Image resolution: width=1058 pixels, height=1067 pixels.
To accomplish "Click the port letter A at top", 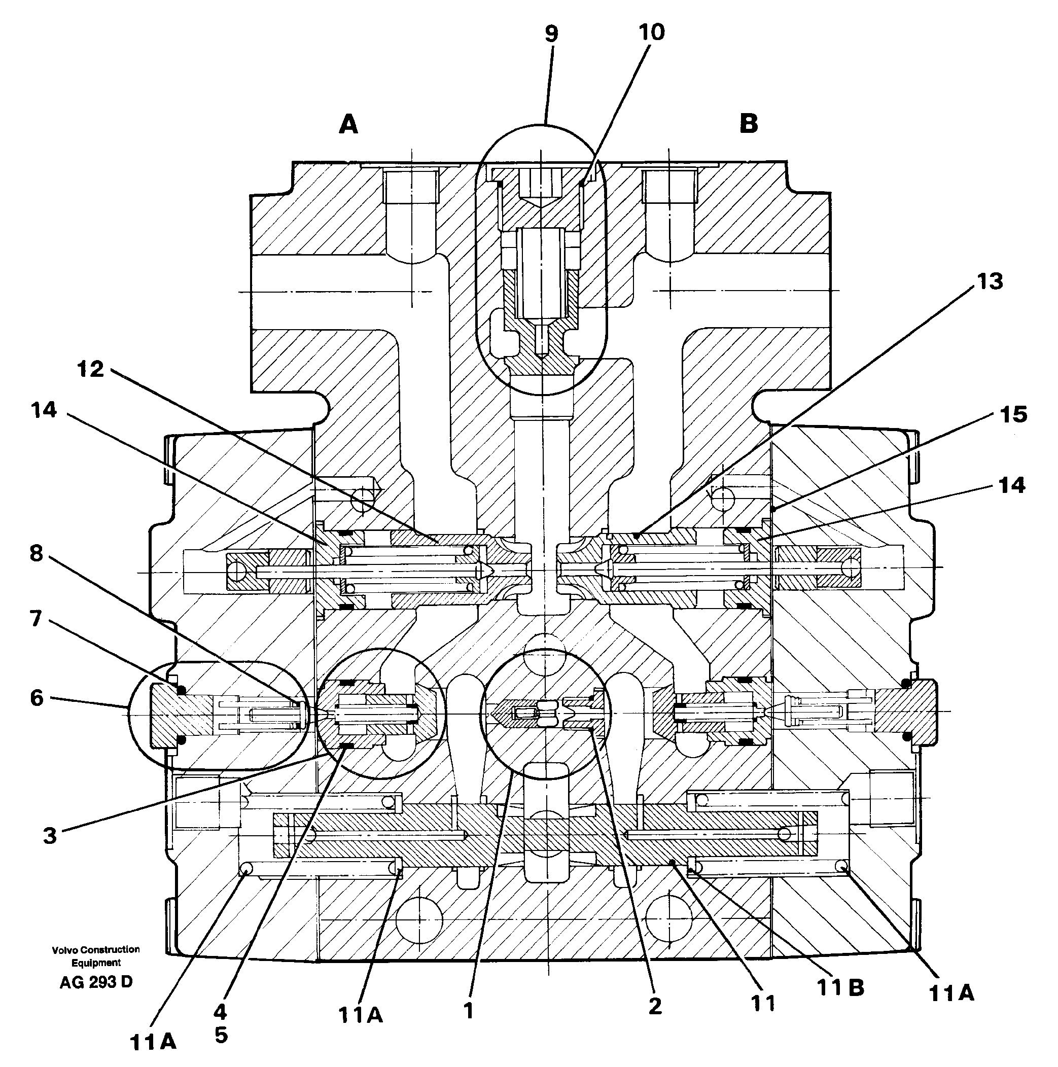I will coord(348,125).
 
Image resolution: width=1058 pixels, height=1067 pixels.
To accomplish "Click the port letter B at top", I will coord(749,123).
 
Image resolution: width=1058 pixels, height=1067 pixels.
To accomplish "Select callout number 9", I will coord(551,34).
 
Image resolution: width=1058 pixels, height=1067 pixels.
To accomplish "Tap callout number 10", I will coord(651,32).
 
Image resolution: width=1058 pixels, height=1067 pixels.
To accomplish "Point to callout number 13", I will coord(990,281).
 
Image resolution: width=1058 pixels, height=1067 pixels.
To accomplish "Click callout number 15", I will coord(1013,414).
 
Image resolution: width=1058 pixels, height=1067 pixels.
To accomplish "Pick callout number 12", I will coord(91,369).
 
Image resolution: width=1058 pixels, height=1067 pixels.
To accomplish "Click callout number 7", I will coord(36,619).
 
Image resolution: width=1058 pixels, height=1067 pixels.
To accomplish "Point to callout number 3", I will coord(50,836).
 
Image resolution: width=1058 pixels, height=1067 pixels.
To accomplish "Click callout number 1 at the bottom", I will coord(469,1011).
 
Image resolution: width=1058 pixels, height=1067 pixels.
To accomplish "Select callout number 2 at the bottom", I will coord(655,1006).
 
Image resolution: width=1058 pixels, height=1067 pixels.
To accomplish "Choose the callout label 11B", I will coord(840,988).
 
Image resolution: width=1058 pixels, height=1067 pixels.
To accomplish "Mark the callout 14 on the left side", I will coord(44,410).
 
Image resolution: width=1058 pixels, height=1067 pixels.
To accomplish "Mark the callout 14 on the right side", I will coord(1011,485).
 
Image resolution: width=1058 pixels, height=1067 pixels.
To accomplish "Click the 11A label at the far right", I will coord(951,993).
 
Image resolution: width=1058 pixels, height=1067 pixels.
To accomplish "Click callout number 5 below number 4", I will coord(221,1035).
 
